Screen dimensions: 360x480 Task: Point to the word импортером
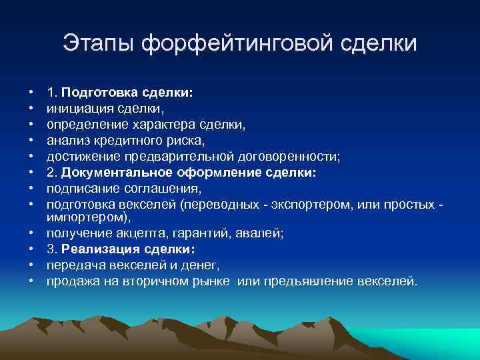click(x=85, y=217)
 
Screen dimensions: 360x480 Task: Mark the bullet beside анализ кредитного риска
click(x=32, y=141)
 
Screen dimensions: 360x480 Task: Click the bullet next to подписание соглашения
click(x=32, y=189)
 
